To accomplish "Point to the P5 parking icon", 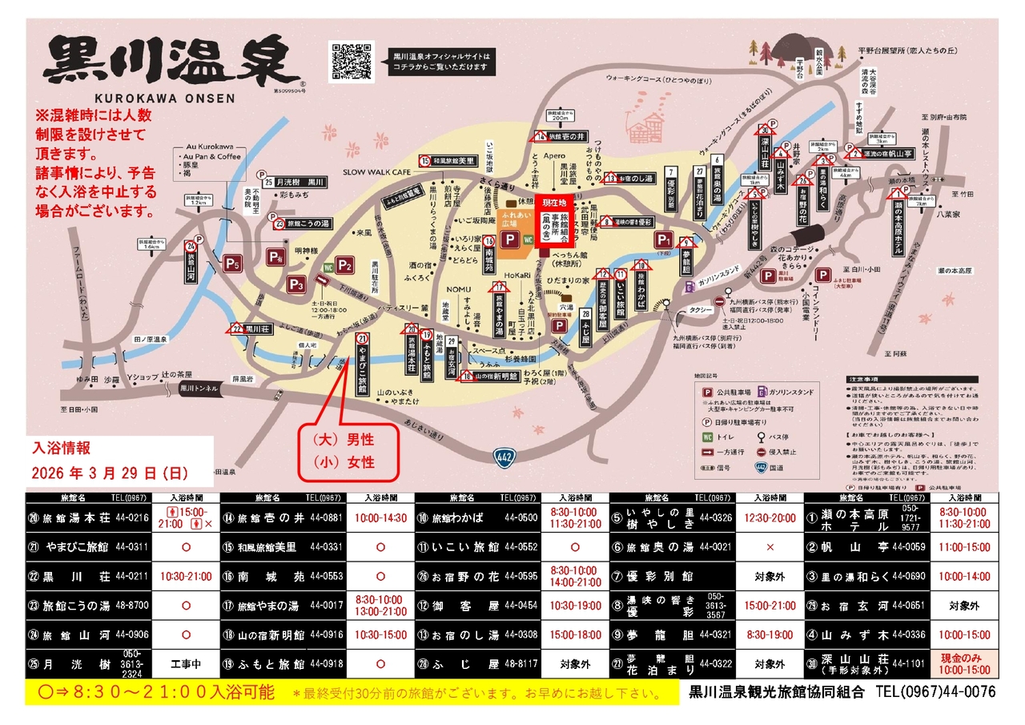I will pos(232,263).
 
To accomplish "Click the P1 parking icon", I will pos(664,240).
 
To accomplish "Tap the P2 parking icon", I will pos(345,265).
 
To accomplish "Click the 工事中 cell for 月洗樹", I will pos(184,664).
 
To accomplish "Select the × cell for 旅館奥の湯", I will pos(770,547).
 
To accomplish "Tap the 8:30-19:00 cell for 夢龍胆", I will pos(770,634).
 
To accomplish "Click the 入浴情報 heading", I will pos(61,447).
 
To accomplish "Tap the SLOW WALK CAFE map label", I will pos(376,172).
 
